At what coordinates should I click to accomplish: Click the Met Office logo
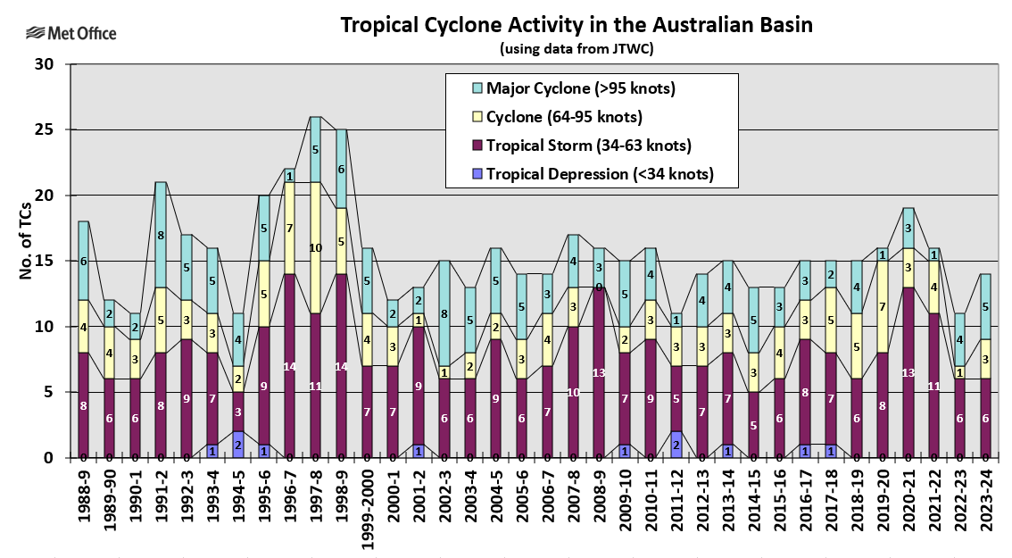71,34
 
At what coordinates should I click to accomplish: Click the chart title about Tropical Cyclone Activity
577,25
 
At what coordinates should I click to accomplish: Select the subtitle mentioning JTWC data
577,48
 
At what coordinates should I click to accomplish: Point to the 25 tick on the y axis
44,130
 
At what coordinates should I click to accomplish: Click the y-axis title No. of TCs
26,262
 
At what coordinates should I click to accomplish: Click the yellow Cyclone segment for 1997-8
315,247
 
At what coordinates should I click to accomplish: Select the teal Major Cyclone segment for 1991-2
161,235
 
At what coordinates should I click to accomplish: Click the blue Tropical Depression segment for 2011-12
676,444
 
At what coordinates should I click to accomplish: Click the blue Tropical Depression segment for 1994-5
238,444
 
